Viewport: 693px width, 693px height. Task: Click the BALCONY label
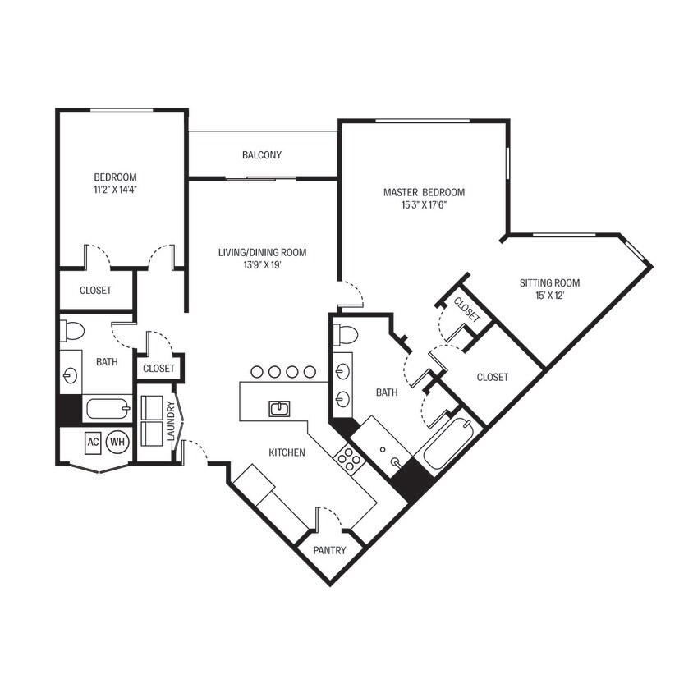262,155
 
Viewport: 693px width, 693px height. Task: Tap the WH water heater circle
117,442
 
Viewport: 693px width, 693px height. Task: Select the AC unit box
93,442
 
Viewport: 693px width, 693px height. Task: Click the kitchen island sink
279,409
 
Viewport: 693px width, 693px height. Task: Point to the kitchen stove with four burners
349,460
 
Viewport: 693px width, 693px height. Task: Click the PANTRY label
329,550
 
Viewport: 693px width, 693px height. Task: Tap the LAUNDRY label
171,421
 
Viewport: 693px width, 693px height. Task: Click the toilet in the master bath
345,334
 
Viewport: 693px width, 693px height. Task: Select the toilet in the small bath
71,331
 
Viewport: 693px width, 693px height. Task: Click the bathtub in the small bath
108,408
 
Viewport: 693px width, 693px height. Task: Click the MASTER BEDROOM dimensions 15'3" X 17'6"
424,205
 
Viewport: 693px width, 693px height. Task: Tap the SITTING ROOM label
549,282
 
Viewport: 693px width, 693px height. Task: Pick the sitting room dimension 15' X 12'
550,296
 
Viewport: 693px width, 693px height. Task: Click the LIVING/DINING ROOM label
263,252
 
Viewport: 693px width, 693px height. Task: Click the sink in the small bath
71,376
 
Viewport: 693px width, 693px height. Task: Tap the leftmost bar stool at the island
257,372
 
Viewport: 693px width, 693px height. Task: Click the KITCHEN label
287,452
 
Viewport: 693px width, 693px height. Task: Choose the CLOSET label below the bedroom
95,291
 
